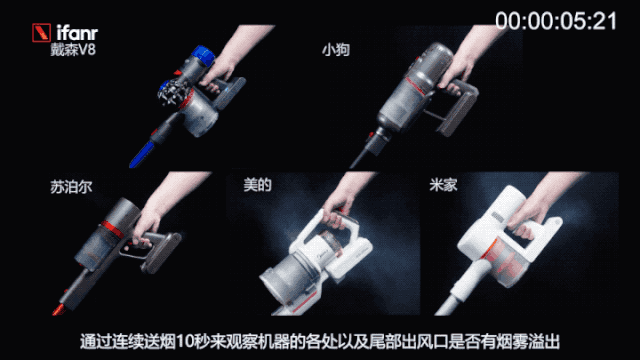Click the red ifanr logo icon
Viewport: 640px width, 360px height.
(41, 33)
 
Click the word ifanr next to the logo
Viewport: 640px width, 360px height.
(77, 33)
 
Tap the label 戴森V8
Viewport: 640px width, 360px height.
(73, 50)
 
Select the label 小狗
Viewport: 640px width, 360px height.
(336, 50)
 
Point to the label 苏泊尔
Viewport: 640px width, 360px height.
(71, 187)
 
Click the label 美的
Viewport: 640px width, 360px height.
(257, 184)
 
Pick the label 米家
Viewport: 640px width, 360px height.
(443, 184)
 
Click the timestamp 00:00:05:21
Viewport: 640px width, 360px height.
(556, 21)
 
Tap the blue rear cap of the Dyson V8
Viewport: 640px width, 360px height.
(203, 57)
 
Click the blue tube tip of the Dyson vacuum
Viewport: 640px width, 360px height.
(142, 155)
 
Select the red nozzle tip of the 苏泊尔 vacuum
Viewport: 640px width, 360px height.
(60, 309)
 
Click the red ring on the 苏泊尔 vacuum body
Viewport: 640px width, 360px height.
(112, 229)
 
